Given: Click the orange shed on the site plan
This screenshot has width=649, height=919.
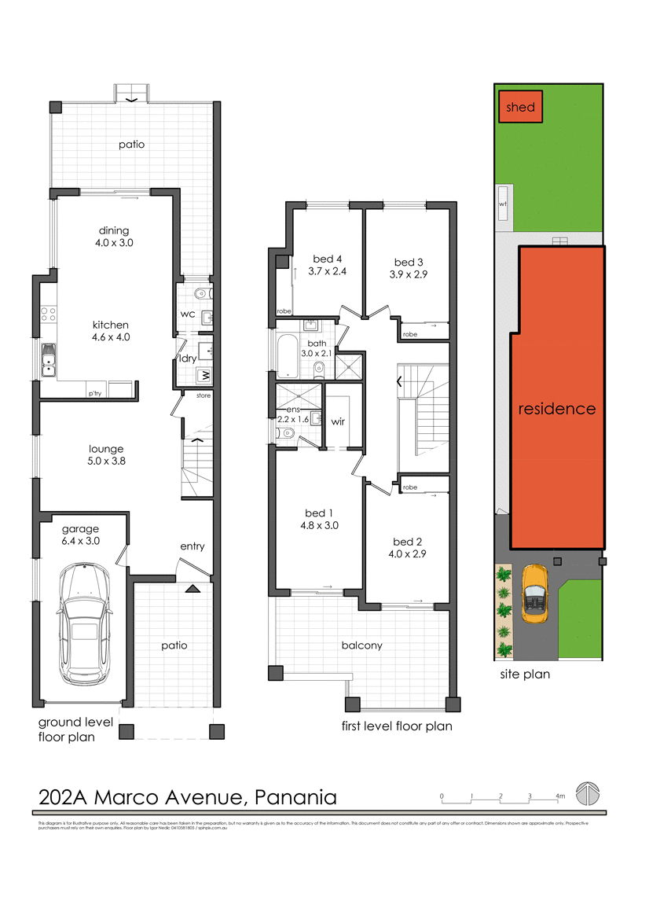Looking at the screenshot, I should pyautogui.click(x=520, y=107).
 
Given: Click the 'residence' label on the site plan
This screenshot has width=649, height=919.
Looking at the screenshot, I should pyautogui.click(x=556, y=409).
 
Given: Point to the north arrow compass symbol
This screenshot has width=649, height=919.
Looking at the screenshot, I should pyautogui.click(x=586, y=794).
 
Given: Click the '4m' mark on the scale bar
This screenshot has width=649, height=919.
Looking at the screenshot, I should pyautogui.click(x=560, y=796).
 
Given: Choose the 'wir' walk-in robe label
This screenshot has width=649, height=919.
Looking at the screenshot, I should pyautogui.click(x=339, y=421).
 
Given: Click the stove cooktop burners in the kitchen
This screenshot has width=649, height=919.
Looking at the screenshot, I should pyautogui.click(x=47, y=314).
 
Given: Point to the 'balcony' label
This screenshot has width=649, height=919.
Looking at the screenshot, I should pyautogui.click(x=361, y=645).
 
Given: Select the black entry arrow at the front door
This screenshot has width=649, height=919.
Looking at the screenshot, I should pyautogui.click(x=192, y=588).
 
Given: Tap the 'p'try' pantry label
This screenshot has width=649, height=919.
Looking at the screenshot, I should pyautogui.click(x=95, y=392).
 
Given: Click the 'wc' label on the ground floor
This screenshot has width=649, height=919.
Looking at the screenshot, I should pyautogui.click(x=188, y=314).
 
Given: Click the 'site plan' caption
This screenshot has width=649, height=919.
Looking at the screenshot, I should pyautogui.click(x=526, y=674).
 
